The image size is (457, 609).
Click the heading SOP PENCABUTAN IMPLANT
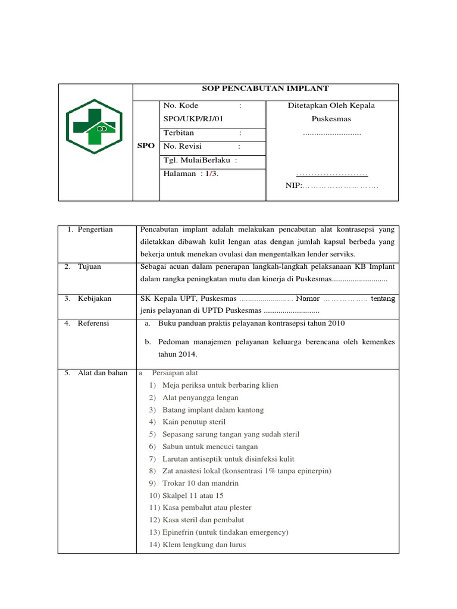265,89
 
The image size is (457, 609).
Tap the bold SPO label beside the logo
146,146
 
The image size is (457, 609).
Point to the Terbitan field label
179,133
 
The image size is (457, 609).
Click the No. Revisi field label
184,146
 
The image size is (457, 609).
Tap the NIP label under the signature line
294,186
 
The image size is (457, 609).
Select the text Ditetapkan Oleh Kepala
331,106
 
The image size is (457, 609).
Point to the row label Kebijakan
94,299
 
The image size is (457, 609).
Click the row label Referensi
94,324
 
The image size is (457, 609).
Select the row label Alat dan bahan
102,373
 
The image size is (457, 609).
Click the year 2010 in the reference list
335,324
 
